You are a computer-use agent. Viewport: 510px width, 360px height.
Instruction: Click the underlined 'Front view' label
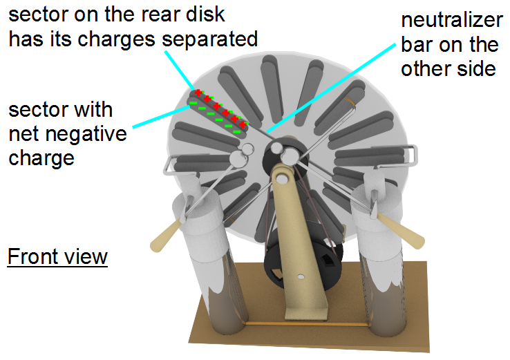pyautogui.click(x=57, y=257)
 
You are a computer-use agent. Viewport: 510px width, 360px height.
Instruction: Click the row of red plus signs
pyautogui.click(x=220, y=108)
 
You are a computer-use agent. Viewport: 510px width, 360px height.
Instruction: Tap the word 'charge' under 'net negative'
pyautogui.click(x=41, y=158)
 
